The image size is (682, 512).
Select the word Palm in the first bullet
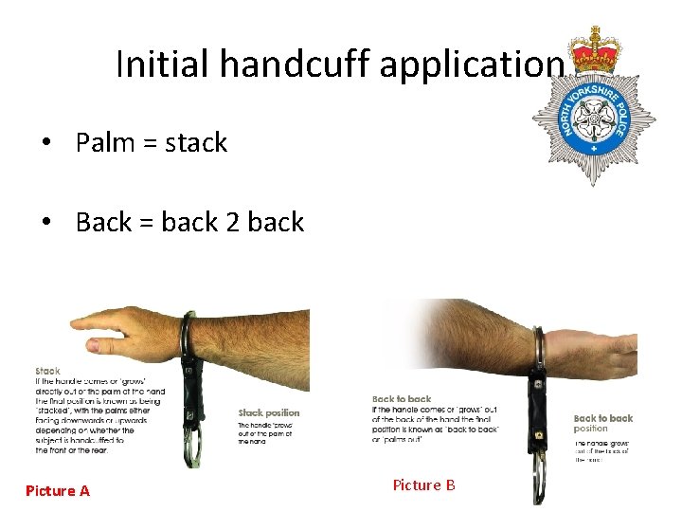[107, 142]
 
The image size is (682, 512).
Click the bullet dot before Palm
[46, 143]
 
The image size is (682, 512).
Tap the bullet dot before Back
[46, 223]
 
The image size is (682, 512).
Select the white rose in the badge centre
[594, 119]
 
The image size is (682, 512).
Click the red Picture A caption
[58, 490]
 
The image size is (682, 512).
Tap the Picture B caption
[423, 485]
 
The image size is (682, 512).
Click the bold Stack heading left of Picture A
[47, 371]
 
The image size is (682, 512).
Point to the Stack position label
[268, 412]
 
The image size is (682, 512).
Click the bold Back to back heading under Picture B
[402, 399]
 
